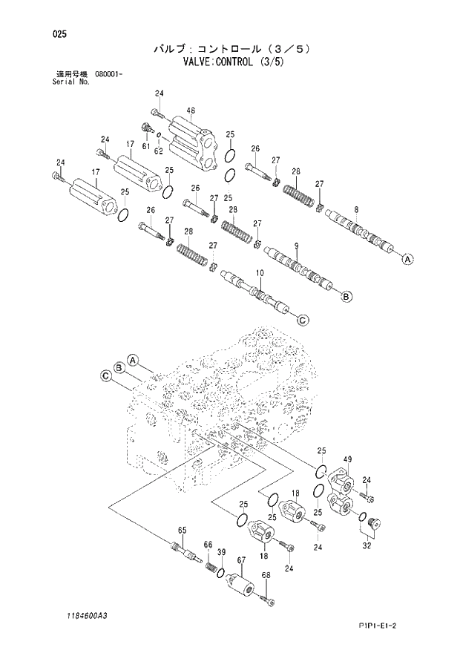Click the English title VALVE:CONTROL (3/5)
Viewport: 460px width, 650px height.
(x=230, y=62)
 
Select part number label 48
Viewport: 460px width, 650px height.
(x=191, y=111)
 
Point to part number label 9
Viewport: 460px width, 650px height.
(x=296, y=246)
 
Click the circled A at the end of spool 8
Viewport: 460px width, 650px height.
(x=407, y=260)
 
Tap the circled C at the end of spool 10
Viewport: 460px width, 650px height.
(x=302, y=320)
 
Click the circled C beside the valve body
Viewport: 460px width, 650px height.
(x=106, y=377)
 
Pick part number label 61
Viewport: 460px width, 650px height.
(x=146, y=147)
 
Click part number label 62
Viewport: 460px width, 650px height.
(x=158, y=151)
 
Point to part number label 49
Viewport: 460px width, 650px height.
(x=347, y=459)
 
